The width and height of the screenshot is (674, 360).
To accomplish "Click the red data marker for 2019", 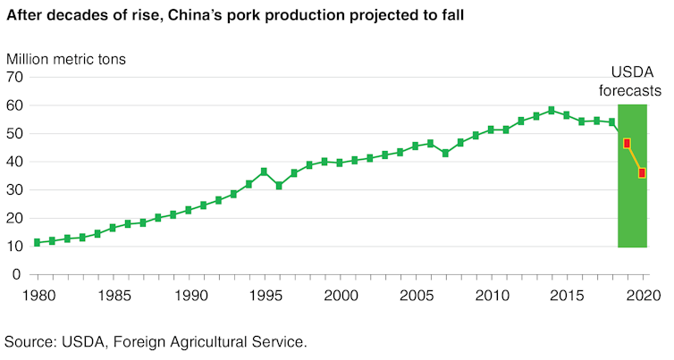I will click(628, 143).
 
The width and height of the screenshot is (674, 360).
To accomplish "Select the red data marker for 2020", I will click(642, 173).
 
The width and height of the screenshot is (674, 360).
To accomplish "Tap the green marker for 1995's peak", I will click(264, 172).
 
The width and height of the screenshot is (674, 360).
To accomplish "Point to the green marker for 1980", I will click(37, 242).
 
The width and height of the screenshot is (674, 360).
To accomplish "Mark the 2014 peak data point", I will click(552, 111).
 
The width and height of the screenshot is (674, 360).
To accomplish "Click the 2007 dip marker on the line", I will click(445, 153).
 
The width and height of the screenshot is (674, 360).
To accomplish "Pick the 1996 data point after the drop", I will click(279, 186).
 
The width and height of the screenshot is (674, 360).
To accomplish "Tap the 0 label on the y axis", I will click(17, 275).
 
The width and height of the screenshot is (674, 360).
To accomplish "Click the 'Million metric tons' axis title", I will click(66, 59).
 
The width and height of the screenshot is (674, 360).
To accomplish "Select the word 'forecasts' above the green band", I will click(630, 90).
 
